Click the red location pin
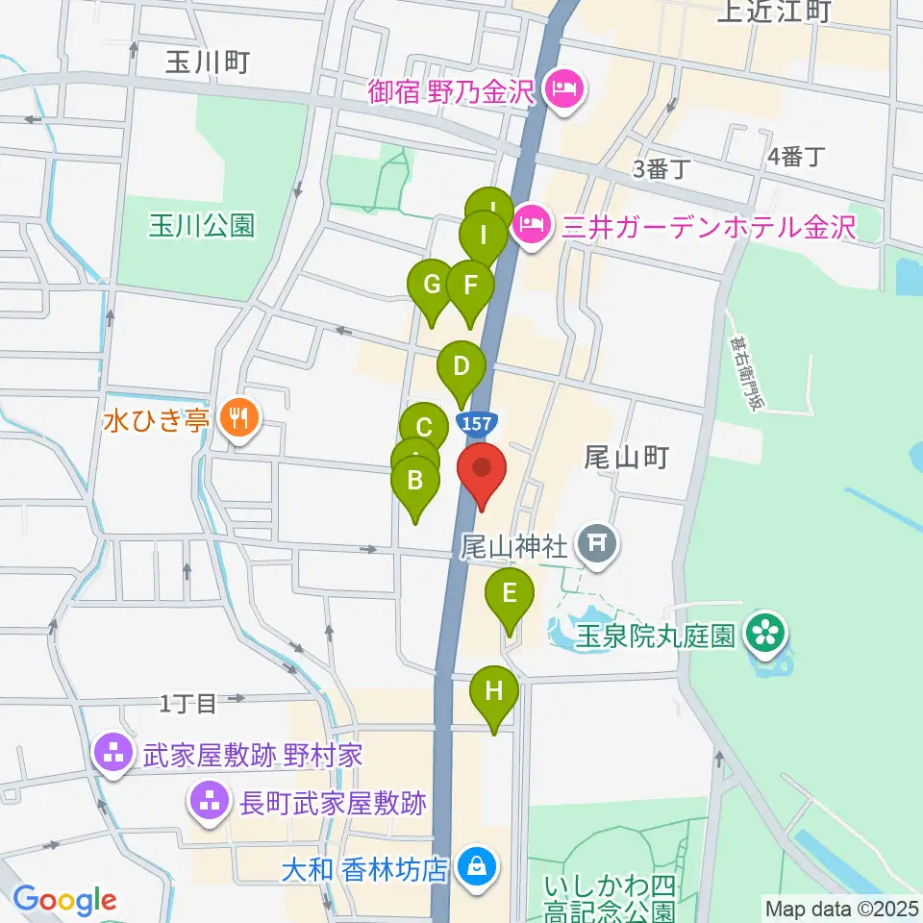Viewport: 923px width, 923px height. [x=480, y=472]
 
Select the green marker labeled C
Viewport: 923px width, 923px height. [x=424, y=427]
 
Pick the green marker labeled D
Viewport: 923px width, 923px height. [x=461, y=366]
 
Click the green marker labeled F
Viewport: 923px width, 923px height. [x=470, y=286]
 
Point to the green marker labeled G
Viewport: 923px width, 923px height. [x=431, y=285]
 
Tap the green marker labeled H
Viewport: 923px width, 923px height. [x=494, y=691]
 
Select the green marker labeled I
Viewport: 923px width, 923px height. [x=484, y=235]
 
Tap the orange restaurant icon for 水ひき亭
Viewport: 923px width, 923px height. [x=237, y=418]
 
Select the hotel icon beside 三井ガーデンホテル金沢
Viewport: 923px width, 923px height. [x=529, y=228]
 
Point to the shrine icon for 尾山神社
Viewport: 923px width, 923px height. [x=597, y=545]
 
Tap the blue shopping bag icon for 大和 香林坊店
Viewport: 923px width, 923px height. [x=476, y=868]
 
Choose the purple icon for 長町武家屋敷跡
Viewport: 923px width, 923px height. [x=209, y=800]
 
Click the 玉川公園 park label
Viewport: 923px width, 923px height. [x=202, y=225]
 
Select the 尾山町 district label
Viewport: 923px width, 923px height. [x=626, y=458]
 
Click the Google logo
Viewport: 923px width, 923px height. [x=64, y=900]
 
